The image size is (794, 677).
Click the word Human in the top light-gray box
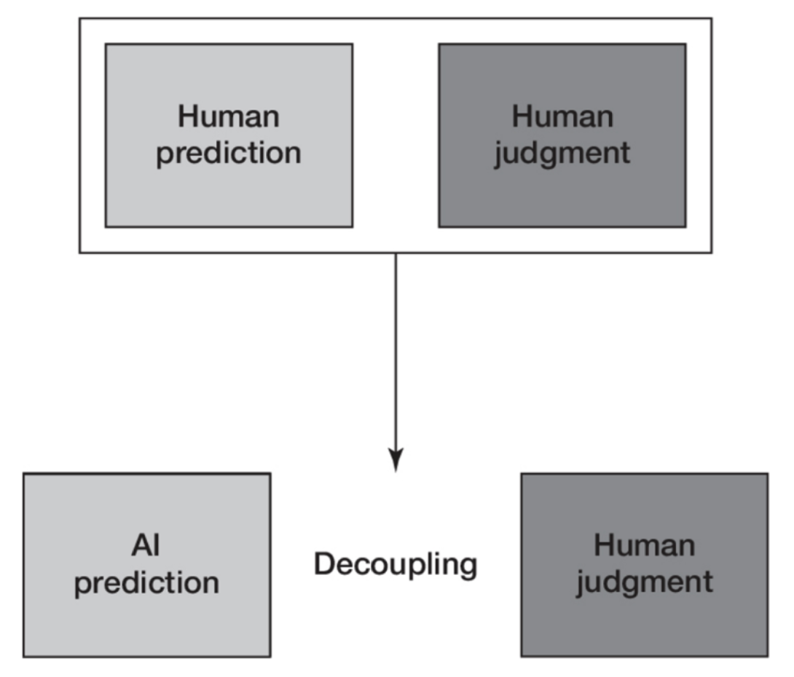(229, 116)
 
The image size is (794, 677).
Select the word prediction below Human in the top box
(229, 154)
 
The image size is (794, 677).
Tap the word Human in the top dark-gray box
(562, 116)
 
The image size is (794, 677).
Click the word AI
(146, 546)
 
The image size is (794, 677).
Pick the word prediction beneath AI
(146, 583)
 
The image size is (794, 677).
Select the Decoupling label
(396, 564)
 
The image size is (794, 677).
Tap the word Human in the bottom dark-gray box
(644, 546)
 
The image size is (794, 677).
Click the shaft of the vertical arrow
(396, 349)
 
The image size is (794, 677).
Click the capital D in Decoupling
(323, 563)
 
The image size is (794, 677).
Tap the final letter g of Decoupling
(468, 567)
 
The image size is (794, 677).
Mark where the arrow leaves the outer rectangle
(396, 254)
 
